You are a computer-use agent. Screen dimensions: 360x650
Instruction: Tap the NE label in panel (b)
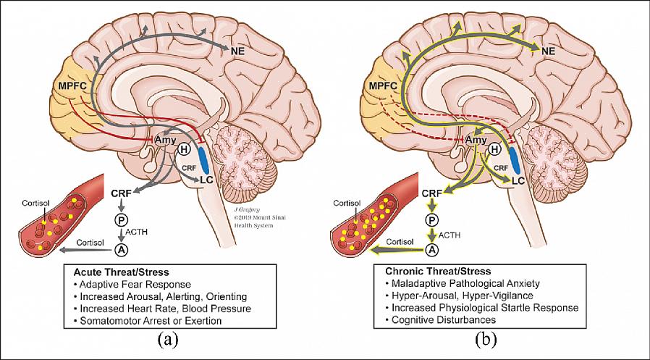[x=549, y=51]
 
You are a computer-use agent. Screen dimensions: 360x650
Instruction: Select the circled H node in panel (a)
[x=183, y=150]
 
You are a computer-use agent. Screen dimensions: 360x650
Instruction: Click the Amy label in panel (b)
[x=476, y=139]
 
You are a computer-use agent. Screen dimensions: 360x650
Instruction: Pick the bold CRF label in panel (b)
[x=431, y=193]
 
